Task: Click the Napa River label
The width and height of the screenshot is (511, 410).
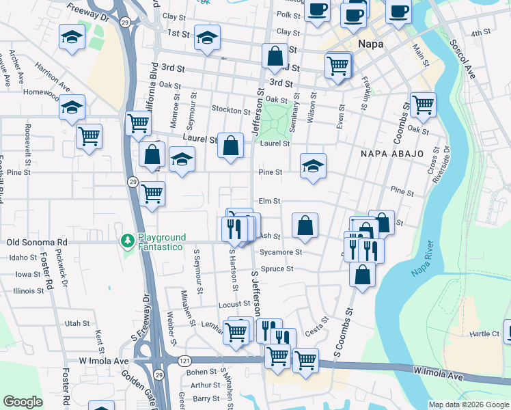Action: coord(424,263)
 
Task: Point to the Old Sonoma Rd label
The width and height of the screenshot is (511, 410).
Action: coord(37,242)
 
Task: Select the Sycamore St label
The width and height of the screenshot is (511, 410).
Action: coord(281,252)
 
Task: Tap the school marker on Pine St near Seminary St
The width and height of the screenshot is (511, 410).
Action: coord(313,166)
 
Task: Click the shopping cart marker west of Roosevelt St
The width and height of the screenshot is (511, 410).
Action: coord(89,137)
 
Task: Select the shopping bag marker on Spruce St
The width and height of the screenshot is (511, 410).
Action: coord(362,274)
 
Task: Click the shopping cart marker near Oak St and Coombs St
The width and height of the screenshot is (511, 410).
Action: coord(423,105)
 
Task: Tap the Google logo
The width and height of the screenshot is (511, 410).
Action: coord(23,402)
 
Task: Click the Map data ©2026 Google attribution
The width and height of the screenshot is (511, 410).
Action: coord(468,405)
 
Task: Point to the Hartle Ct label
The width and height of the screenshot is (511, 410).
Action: coord(484,334)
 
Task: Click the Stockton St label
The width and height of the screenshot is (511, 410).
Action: coord(230,110)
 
